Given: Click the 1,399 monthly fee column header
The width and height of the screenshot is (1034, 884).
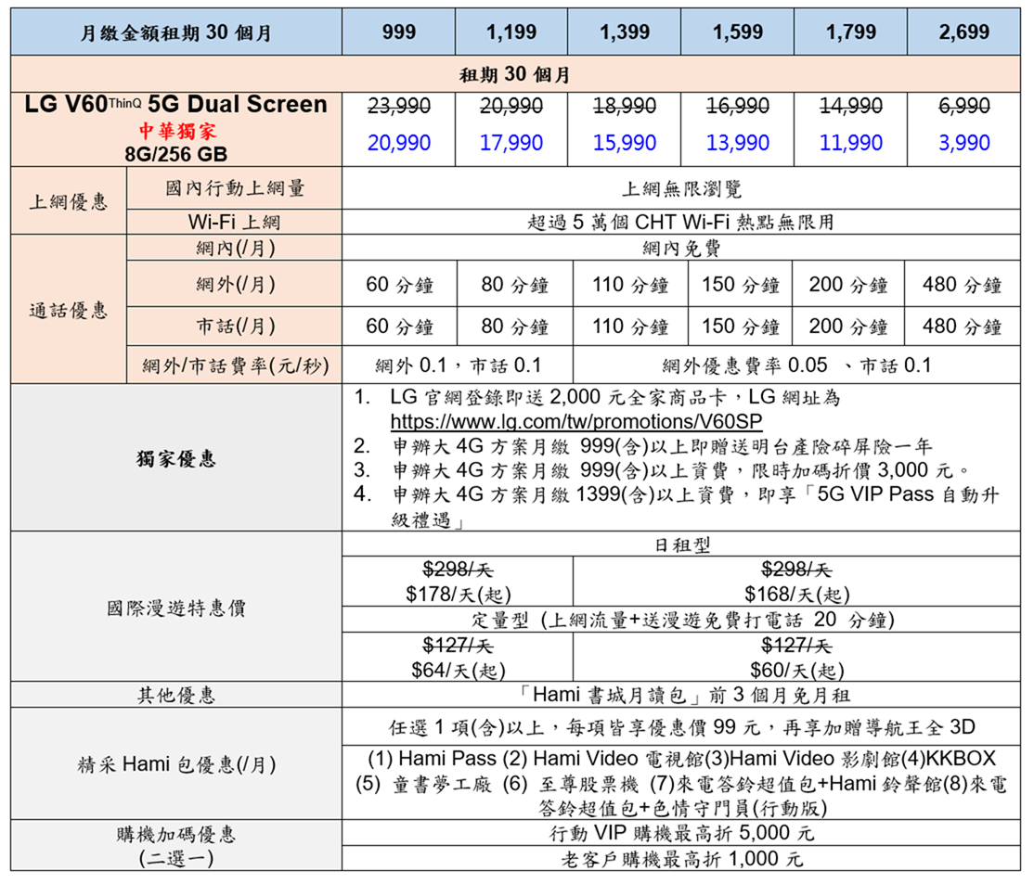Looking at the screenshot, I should coord(625,32).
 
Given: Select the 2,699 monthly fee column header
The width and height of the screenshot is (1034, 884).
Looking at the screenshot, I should coord(963,32).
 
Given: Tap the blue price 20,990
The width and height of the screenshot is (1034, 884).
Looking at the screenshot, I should coord(398,143).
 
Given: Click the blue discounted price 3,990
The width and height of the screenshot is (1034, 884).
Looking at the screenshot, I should coord(963,143).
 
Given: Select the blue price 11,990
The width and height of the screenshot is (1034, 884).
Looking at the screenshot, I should coord(851,143).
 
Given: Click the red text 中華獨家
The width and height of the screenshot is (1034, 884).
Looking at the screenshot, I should coord(176,131).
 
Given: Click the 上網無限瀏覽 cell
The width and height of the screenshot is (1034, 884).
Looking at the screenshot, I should coord(681,189).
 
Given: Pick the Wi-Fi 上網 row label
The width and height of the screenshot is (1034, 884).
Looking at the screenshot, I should coord(234,223).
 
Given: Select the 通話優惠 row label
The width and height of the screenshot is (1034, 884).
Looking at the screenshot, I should coord(68,310).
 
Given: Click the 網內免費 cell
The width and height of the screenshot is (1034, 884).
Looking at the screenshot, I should coord(681,248).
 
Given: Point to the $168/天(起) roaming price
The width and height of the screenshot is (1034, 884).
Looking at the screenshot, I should coord(796,594).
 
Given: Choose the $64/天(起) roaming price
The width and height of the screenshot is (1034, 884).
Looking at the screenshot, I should coord(458,670).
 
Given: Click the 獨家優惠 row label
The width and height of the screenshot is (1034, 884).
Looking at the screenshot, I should coord(175,458).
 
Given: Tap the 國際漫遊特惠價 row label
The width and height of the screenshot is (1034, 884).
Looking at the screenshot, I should coord(175,609).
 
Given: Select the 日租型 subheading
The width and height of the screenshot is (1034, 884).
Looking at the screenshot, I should coord(681,545).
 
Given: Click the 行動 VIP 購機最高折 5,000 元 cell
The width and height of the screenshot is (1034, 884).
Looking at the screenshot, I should coord(681,833).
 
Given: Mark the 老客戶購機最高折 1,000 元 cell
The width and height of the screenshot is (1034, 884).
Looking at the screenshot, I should coord(681,859).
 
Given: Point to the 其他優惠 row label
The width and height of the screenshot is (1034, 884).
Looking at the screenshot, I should coord(175,695).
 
